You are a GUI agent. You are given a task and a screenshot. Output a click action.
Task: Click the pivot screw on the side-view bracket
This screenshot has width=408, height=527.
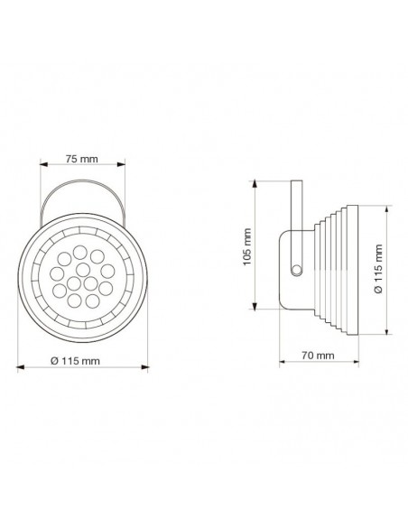point(295,268)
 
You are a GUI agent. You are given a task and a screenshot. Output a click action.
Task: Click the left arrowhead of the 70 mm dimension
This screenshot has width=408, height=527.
point(282,366)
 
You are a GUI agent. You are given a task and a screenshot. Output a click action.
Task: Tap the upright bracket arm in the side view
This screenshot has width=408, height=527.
point(293,204)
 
